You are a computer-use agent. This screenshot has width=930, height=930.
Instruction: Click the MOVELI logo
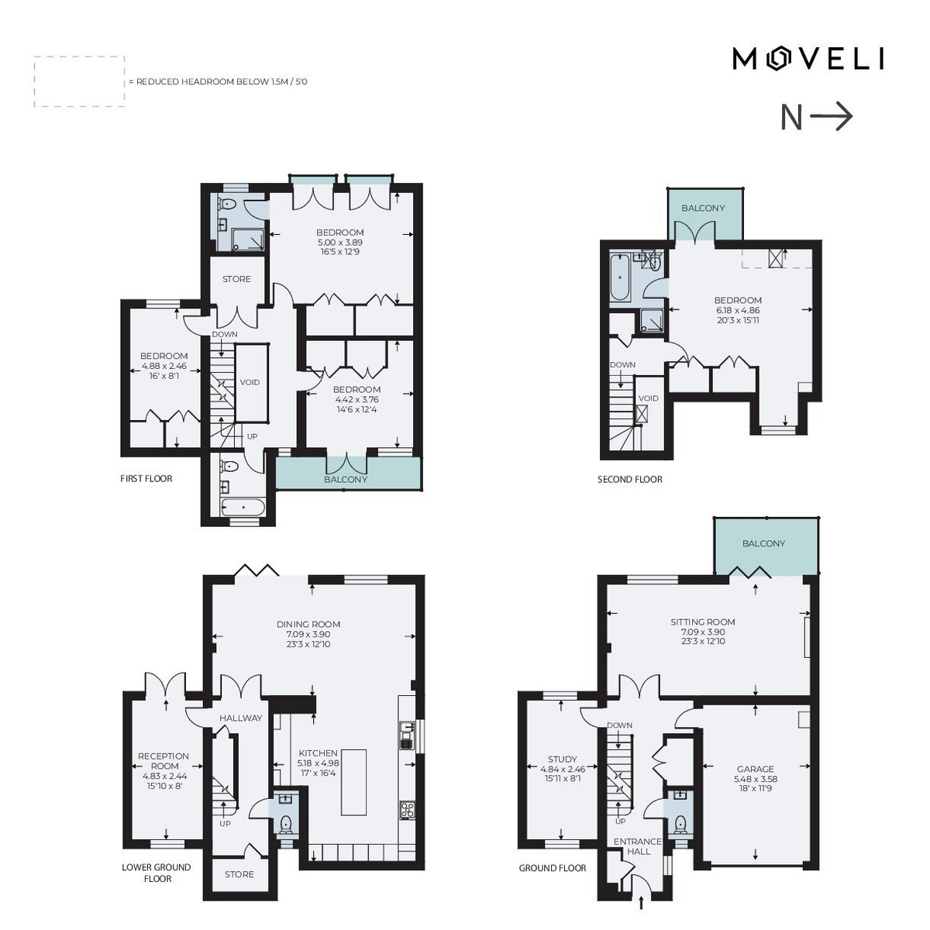tap(808, 60)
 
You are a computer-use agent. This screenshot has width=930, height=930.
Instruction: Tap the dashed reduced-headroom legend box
tap(79, 81)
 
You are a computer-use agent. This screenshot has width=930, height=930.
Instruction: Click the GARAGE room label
tap(755, 770)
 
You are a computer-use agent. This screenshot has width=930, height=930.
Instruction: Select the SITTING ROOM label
tap(703, 622)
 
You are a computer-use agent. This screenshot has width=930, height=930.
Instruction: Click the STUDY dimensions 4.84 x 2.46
tap(563, 769)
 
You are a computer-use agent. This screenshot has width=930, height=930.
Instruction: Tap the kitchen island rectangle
tap(353, 782)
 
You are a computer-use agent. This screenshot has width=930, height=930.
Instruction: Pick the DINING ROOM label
tap(308, 625)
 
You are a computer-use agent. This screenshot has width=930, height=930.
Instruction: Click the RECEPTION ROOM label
tap(164, 761)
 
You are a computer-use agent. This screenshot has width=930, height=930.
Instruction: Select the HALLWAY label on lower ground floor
tap(241, 718)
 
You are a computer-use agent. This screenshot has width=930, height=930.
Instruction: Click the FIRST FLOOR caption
tap(146, 478)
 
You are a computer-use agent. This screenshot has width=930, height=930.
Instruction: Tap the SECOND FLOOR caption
tap(630, 479)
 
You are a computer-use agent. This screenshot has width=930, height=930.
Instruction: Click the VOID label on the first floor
tap(250, 382)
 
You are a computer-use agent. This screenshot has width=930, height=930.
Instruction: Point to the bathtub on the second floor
tap(620, 277)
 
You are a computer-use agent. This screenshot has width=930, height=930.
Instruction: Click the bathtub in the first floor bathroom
tap(243, 507)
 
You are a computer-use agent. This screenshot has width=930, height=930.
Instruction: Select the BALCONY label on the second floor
tap(703, 208)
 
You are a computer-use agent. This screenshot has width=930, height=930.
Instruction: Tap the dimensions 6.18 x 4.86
tap(738, 310)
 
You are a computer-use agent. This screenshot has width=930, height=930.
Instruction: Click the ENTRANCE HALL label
tap(638, 846)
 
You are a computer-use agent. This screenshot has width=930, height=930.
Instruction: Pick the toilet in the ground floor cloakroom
tap(680, 822)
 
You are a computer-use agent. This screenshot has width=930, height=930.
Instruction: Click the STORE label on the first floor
tap(236, 279)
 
